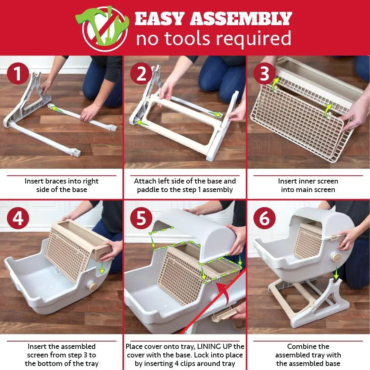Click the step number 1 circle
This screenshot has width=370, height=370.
[x=18, y=74]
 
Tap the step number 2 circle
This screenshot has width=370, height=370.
[x=141, y=74]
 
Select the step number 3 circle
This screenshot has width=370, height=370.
[x=265, y=74]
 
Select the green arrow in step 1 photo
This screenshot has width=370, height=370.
[x=55, y=108]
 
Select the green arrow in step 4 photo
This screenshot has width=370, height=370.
[x=101, y=269]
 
